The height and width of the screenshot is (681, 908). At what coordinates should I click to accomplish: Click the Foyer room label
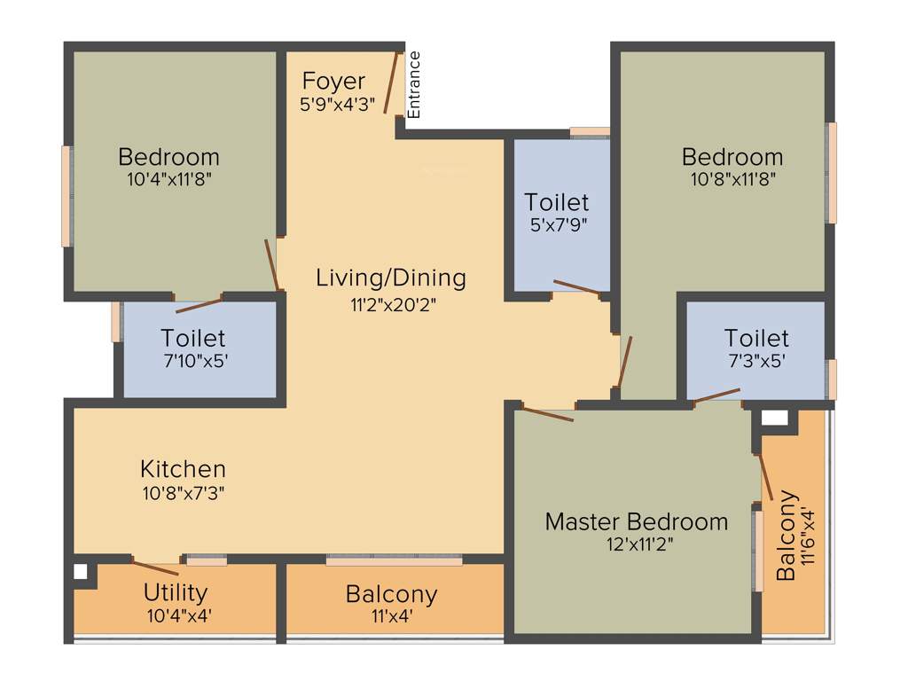tap(333, 82)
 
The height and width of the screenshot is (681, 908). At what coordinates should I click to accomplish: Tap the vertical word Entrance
tap(414, 85)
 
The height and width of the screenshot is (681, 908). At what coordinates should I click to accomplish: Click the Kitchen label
tap(183, 468)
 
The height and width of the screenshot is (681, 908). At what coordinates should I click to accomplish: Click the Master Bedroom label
tap(636, 521)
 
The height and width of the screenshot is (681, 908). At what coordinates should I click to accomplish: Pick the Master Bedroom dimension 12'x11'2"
tap(636, 544)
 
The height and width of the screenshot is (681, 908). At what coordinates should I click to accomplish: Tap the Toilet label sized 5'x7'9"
tap(556, 202)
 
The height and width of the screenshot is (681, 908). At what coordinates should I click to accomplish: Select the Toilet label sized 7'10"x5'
tap(192, 338)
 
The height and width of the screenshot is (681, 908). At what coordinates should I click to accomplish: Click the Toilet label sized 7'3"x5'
tap(755, 338)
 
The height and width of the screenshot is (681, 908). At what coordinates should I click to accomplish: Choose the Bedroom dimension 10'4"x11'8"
tap(168, 179)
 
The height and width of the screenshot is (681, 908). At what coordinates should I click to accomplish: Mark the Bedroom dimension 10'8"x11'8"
tap(732, 179)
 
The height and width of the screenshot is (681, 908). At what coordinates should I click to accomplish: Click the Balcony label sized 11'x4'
tap(391, 593)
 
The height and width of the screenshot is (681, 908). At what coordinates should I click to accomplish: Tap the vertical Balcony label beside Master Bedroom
tap(786, 536)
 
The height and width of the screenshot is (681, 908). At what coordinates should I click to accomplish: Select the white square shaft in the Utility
tap(81, 572)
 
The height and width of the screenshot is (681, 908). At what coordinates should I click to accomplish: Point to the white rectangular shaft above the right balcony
tap(774, 418)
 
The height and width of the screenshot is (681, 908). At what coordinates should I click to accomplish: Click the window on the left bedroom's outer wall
tap(66, 196)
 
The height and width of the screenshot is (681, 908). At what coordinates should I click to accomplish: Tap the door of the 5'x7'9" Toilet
tap(576, 286)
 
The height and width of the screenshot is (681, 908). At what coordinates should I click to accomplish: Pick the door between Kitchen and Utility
tap(155, 567)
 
